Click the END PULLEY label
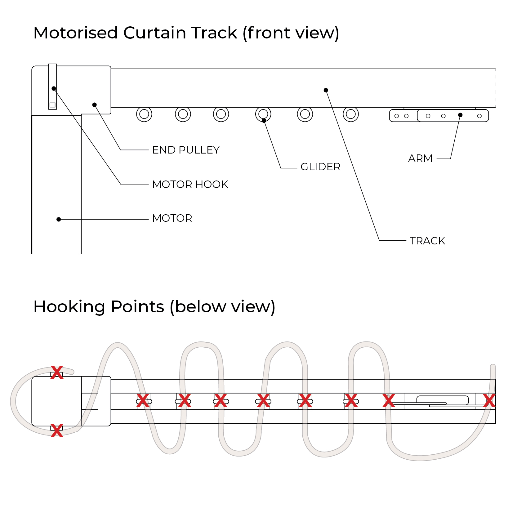(186, 150)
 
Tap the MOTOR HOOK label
(190, 185)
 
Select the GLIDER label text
(320, 167)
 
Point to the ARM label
(420, 158)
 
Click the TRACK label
(427, 241)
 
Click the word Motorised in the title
(76, 33)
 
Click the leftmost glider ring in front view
(144, 114)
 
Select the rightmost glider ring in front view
(351, 114)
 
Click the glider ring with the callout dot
(263, 114)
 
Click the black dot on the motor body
(59, 219)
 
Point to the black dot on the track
(326, 90)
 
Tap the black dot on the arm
(460, 115)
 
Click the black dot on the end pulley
(95, 105)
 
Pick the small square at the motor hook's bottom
(52, 105)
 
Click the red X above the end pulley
(57, 372)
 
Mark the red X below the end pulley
(57, 431)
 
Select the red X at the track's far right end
(489, 401)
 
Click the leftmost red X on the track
(143, 401)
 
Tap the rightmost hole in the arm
(479, 116)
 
